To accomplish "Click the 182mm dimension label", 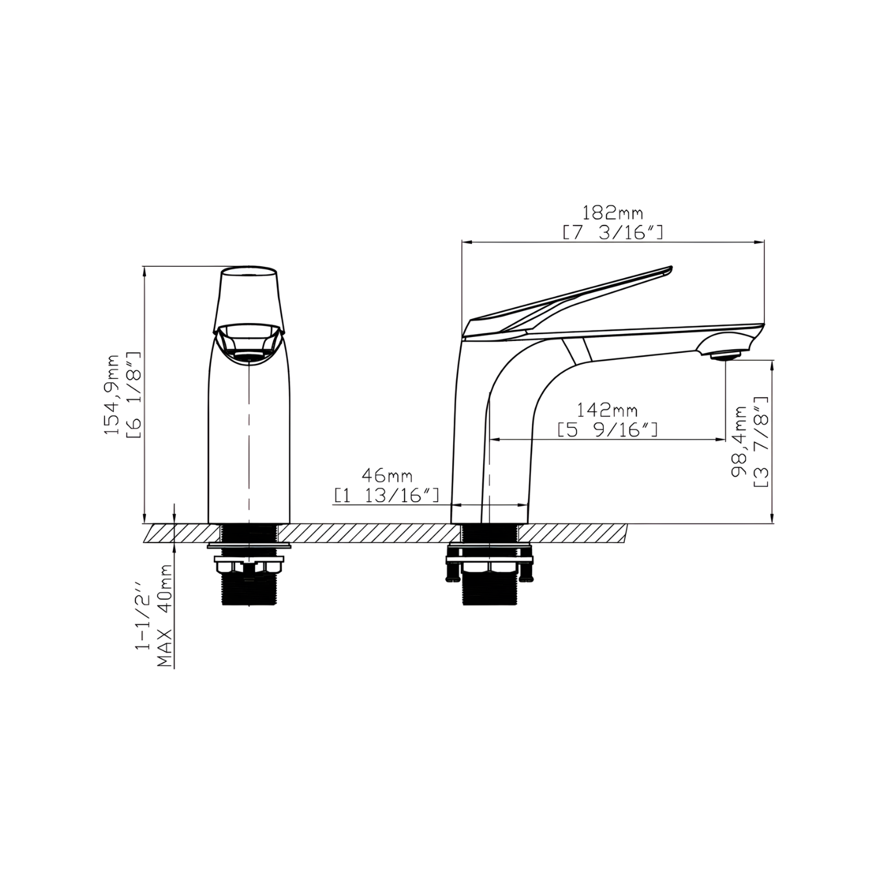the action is [613, 213].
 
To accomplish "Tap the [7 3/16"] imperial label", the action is [613, 232].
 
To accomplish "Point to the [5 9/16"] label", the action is [607, 430].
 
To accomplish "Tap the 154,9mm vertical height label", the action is [112, 394].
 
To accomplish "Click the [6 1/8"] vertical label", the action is [133, 394].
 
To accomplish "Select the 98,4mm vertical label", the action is [740, 442].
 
